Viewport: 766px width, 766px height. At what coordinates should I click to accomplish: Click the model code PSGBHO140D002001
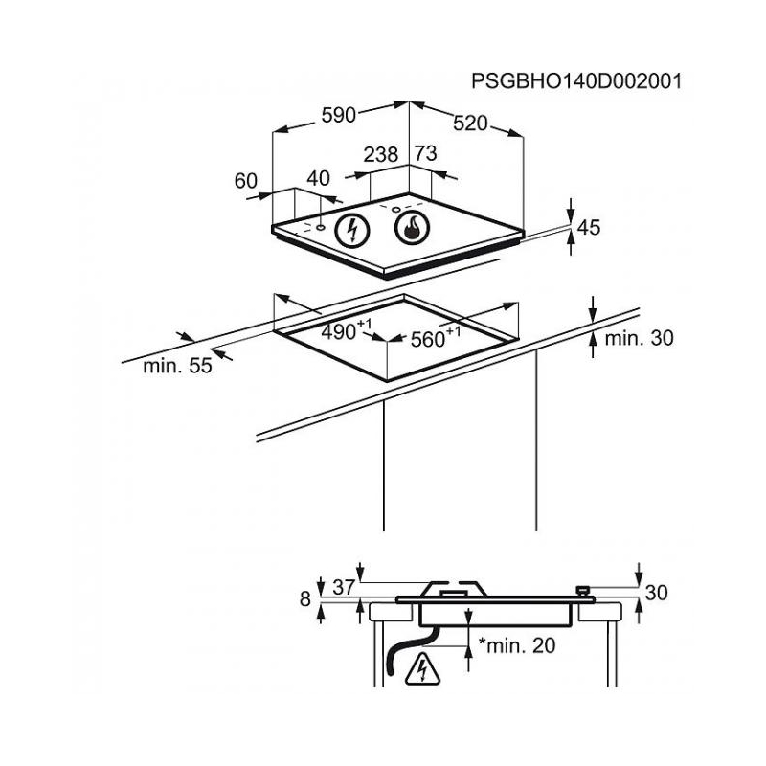[x=576, y=81]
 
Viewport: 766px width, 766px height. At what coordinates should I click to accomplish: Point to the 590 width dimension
[x=339, y=115]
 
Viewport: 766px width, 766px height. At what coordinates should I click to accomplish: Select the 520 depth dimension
[x=470, y=124]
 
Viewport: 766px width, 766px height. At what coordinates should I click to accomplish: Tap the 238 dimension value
[x=381, y=154]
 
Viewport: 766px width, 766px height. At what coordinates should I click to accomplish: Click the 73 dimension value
[x=425, y=153]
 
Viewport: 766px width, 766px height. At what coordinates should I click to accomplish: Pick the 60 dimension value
[x=246, y=181]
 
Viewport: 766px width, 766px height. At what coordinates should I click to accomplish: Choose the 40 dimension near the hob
[x=319, y=178]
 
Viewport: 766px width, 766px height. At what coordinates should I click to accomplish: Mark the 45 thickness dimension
[x=589, y=228]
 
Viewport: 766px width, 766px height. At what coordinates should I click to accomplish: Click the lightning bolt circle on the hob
[x=351, y=231]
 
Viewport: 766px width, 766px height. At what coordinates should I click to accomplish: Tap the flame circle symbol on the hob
[x=413, y=228]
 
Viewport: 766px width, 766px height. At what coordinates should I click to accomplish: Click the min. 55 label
[x=177, y=366]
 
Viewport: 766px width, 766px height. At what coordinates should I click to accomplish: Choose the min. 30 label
[x=639, y=338]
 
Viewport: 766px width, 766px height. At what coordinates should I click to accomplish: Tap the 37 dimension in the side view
[x=344, y=587]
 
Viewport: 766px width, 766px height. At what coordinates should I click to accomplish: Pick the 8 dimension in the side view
[x=305, y=599]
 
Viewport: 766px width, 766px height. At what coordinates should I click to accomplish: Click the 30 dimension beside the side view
[x=656, y=593]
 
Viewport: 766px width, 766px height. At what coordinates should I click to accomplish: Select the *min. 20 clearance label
[x=517, y=645]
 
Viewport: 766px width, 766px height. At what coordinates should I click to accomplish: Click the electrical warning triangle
[x=422, y=668]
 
